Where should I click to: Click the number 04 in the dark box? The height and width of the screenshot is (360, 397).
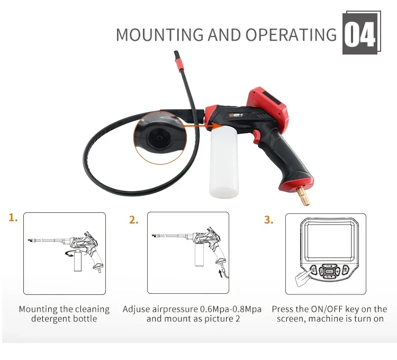click(360, 34)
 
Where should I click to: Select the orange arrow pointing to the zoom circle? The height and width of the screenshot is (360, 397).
click(199, 128)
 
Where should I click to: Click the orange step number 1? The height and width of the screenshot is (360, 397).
click(13, 218)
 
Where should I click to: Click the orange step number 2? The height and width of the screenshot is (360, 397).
click(134, 220)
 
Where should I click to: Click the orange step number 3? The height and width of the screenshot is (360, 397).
click(269, 220)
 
